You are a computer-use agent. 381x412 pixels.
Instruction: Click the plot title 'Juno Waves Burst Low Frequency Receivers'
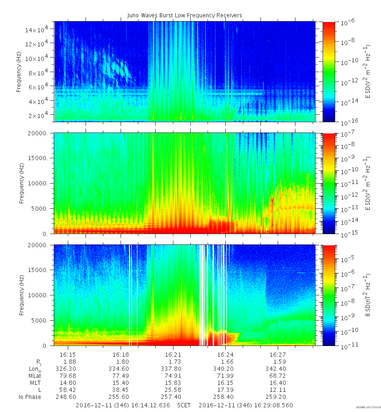coord(185,15)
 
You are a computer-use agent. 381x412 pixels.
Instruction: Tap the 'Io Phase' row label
coord(30,397)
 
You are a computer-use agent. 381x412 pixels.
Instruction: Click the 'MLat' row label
coord(34,376)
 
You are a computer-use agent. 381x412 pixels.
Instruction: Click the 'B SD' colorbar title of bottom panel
coord(368,295)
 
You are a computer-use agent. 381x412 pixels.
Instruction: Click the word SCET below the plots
coord(184,405)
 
